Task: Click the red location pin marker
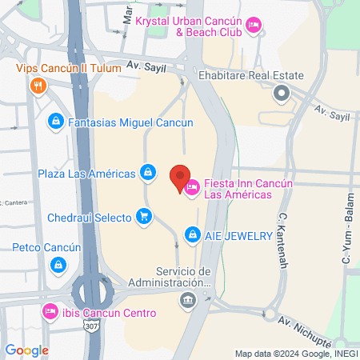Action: (180, 176)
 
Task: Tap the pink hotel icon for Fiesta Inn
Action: (192, 189)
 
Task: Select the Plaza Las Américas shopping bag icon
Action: (148, 172)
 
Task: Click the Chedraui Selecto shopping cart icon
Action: (144, 216)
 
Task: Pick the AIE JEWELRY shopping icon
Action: (192, 234)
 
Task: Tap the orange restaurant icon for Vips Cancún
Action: (36, 86)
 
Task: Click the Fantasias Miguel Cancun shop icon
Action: (55, 122)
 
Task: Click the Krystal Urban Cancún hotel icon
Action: (253, 26)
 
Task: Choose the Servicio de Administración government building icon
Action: (187, 300)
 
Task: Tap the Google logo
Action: (26, 350)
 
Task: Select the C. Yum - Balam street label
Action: (347, 237)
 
